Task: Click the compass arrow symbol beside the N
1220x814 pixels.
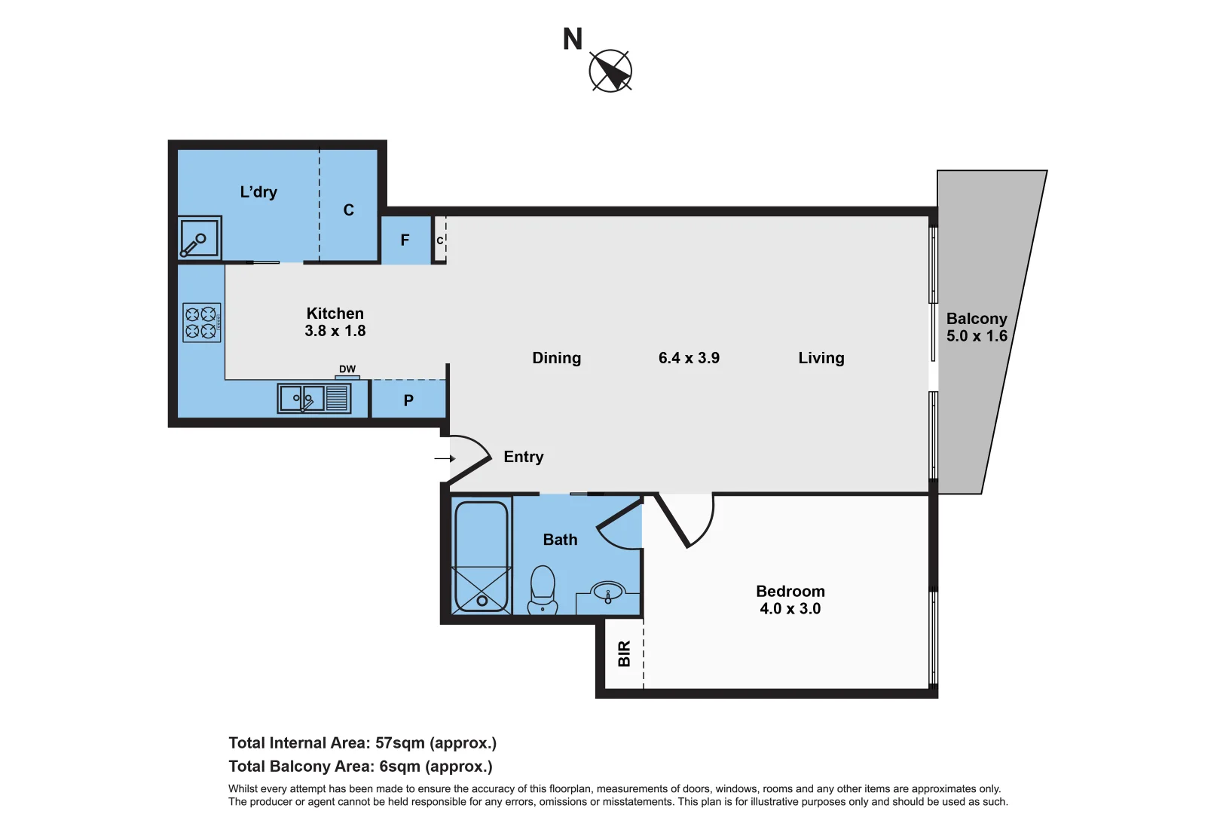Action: (610, 71)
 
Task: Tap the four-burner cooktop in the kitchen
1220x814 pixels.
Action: (201, 323)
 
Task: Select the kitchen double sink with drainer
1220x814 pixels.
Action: (314, 398)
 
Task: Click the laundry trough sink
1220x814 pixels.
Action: (200, 238)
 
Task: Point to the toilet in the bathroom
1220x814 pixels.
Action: (543, 589)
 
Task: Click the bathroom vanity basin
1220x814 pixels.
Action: (607, 592)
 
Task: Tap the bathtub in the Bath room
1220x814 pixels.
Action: (482, 556)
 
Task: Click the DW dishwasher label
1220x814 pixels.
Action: (347, 369)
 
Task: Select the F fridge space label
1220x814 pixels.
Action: (405, 240)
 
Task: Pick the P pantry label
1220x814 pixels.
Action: (408, 400)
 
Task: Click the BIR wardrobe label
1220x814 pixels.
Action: (624, 653)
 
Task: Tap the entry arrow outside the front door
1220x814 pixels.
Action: (445, 458)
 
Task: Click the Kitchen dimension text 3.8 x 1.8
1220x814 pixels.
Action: (335, 331)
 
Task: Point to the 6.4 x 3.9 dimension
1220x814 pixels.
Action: (689, 358)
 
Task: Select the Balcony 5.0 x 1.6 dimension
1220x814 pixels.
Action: (977, 336)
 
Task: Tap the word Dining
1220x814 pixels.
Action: (556, 358)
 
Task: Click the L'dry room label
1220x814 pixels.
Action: (258, 192)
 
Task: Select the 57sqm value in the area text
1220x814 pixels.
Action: (399, 743)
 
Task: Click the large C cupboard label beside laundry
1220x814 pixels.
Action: (348, 210)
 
